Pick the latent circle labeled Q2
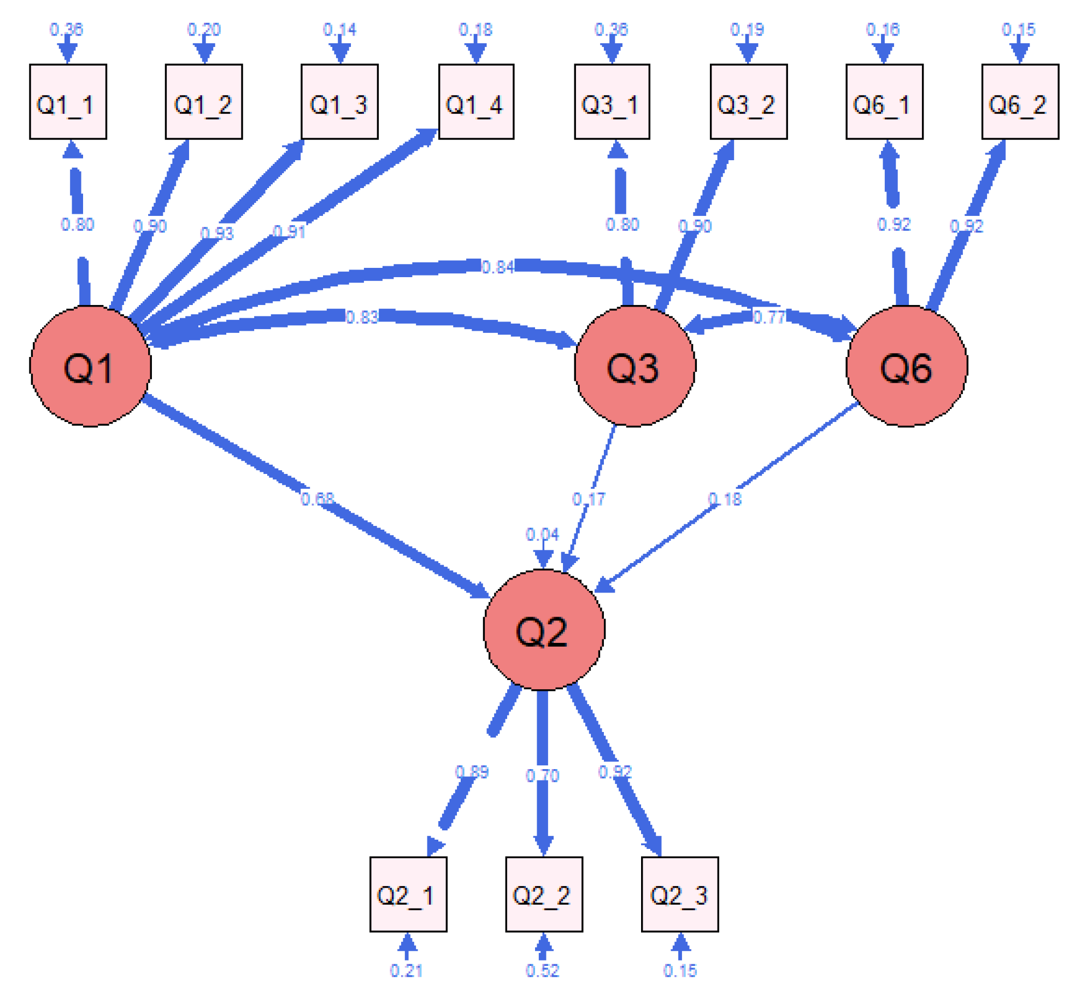click(543, 629)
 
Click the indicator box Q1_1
click(68, 102)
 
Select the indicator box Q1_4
click(475, 102)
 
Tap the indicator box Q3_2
click(748, 102)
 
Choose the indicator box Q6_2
click(1019, 102)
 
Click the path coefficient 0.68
click(317, 499)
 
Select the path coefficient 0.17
click(588, 499)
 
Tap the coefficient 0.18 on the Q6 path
click(724, 499)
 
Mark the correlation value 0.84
click(497, 267)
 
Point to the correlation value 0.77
click(768, 317)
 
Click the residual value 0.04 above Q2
click(542, 534)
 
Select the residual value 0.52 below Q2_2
click(542, 970)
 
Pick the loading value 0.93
click(216, 233)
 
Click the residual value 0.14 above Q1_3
click(339, 30)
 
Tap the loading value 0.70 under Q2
click(542, 775)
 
